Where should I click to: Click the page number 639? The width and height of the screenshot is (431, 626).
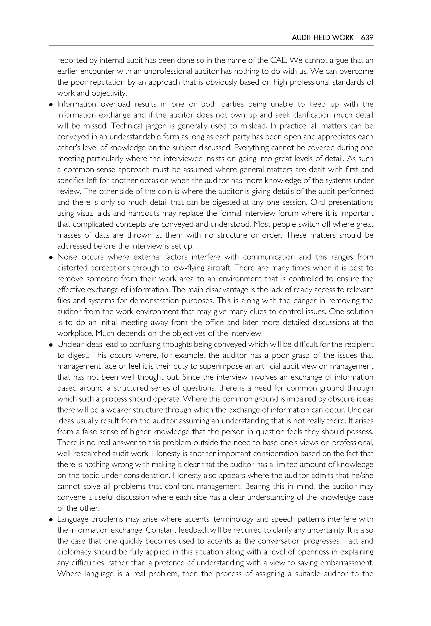tap(367, 38)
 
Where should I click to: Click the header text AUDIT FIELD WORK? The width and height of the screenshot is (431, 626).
tap(322, 38)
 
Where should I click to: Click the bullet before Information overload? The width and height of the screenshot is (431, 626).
tap(51, 105)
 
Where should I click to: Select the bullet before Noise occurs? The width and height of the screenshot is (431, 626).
tap(51, 257)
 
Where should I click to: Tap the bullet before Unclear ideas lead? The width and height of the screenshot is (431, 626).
tap(51, 345)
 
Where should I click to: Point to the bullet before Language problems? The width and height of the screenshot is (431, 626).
tap(51, 520)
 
